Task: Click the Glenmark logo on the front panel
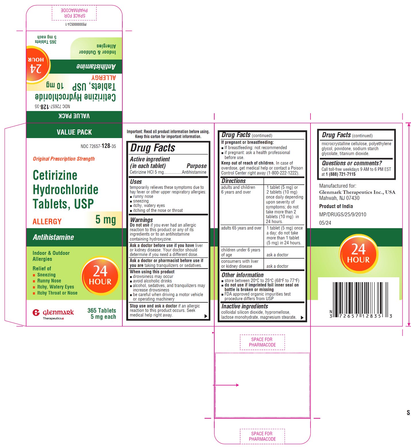(x=53, y=314)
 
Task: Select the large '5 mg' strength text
(x=105, y=219)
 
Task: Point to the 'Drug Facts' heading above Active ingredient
(x=153, y=148)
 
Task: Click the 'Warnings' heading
(x=141, y=220)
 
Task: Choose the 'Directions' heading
(x=234, y=181)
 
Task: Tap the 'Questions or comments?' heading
(x=352, y=163)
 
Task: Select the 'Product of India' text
(x=336, y=206)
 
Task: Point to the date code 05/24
(x=325, y=223)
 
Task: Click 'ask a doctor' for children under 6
(x=277, y=255)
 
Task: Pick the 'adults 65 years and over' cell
(x=241, y=228)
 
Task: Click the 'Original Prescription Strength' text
(x=64, y=159)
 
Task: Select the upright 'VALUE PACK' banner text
(x=74, y=132)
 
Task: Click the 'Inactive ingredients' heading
(x=245, y=306)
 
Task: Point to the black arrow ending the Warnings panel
(x=206, y=316)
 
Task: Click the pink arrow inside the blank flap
(x=226, y=385)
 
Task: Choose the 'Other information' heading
(x=242, y=275)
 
